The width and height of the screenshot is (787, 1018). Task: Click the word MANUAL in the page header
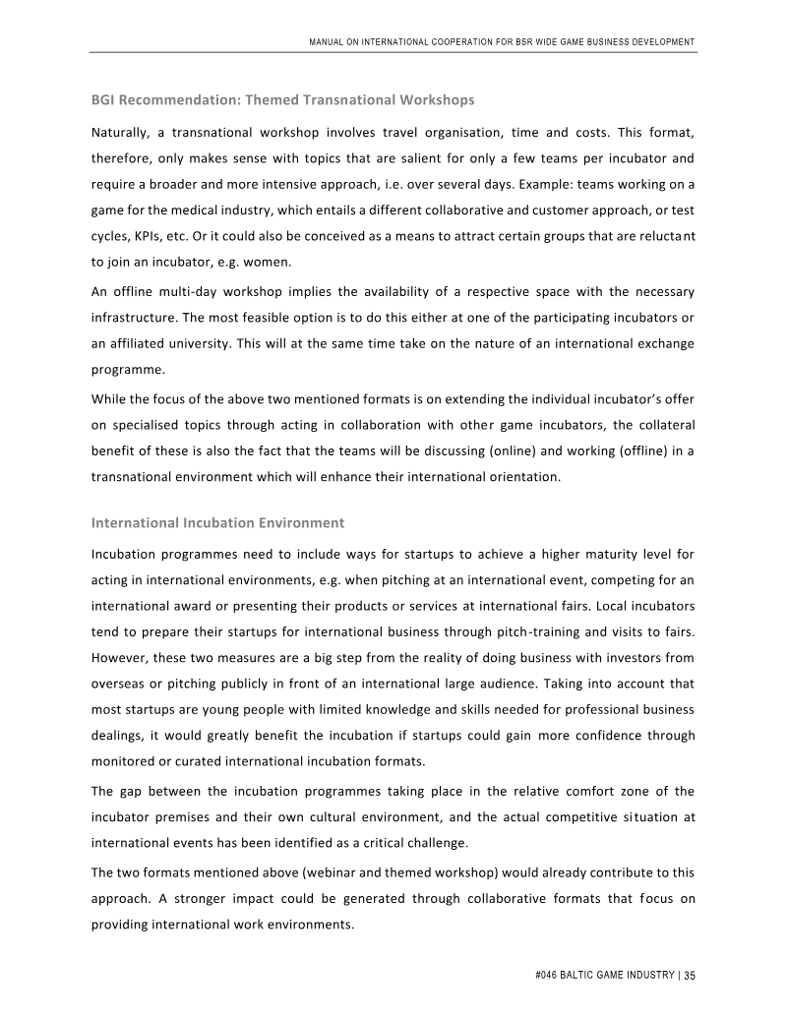tap(327, 41)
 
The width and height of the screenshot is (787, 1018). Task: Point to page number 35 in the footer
tap(690, 976)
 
